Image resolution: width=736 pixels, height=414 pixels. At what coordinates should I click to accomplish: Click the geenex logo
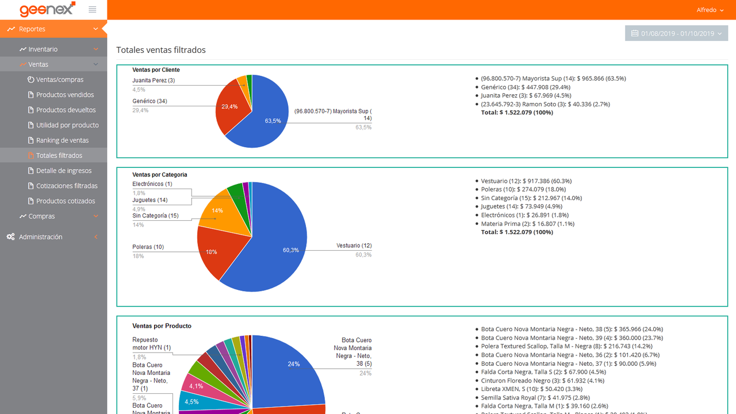point(47,10)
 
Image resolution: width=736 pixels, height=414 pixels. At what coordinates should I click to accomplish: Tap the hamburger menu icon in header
point(93,10)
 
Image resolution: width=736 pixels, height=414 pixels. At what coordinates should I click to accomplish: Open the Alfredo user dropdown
point(710,10)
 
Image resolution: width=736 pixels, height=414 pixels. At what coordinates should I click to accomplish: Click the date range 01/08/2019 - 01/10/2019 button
point(676,33)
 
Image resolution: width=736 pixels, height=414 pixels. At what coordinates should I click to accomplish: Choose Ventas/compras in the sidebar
point(60,80)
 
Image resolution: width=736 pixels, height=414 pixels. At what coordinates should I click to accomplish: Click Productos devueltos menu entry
point(66,110)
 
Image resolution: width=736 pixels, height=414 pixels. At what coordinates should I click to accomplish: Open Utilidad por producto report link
point(67,125)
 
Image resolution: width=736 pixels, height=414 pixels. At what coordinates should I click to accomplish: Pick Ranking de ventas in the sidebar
point(63,140)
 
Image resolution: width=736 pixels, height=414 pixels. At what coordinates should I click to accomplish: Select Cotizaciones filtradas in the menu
point(67,186)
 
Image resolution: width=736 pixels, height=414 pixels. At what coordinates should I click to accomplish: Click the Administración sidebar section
point(40,237)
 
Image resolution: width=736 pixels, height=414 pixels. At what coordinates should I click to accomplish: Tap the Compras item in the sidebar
point(41,216)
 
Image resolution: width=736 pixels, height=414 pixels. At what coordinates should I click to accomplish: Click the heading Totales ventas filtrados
point(161,50)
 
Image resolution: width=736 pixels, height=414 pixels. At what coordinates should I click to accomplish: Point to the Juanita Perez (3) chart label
point(154,80)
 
